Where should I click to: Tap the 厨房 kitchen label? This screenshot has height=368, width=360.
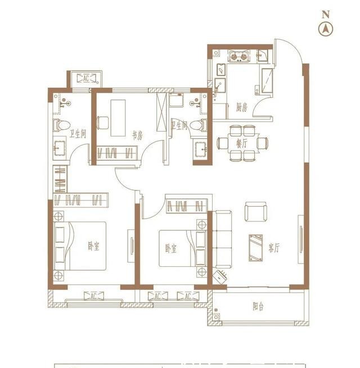point(241,108)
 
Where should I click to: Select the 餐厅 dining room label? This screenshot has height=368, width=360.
point(242,143)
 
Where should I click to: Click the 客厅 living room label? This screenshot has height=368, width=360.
point(274,248)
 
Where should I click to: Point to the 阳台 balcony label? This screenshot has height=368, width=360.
point(258,307)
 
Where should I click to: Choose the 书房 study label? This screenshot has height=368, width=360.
point(137,135)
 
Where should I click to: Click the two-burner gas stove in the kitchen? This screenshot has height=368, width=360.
point(238,56)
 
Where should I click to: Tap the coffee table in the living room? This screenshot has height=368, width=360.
point(256,248)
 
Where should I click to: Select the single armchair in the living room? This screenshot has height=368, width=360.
point(256,211)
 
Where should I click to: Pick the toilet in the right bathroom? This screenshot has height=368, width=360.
point(199,125)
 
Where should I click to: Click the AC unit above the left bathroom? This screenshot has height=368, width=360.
point(86,78)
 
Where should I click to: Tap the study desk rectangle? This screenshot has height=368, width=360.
point(118,118)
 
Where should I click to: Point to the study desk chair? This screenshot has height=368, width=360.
point(103,122)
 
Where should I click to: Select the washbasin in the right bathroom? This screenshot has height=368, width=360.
point(201,148)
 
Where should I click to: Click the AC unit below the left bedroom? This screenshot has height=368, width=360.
point(93,296)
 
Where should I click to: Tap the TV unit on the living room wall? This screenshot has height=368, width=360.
point(301,239)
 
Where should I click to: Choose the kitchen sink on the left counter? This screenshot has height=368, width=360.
point(221,70)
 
